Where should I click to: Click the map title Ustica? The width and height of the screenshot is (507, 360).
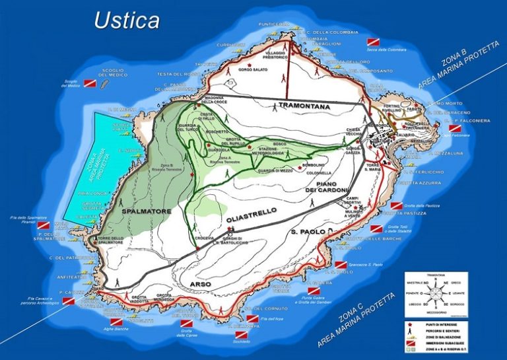click(x=127, y=20)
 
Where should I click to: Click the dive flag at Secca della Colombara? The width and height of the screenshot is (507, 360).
click(x=374, y=41)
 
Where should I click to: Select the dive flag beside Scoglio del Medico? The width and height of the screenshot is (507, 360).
click(x=89, y=83)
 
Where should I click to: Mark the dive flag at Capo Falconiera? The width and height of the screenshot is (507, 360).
click(x=455, y=129)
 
